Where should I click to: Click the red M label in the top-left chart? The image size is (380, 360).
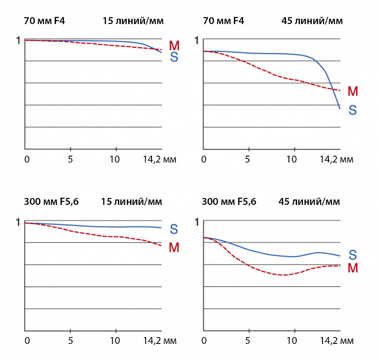174,46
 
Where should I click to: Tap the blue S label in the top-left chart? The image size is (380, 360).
174,57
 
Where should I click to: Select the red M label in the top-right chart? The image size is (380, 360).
353,91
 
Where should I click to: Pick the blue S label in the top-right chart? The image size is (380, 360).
353,110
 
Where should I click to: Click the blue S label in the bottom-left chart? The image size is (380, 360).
174,229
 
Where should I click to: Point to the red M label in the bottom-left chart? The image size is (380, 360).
174,247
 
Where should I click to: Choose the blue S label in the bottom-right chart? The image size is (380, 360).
353,255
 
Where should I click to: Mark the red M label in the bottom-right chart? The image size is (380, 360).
353,267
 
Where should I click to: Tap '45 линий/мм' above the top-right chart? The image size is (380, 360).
312,20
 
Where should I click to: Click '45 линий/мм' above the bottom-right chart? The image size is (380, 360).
309,201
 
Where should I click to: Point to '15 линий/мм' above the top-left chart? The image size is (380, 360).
133,20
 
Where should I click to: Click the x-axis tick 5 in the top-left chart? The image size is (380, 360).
71,159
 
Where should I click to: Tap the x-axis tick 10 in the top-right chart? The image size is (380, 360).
291,159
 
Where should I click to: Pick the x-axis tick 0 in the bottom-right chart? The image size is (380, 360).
204,340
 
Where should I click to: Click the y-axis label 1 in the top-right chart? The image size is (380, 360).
197,40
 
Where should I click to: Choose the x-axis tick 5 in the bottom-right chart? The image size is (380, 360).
248,340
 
